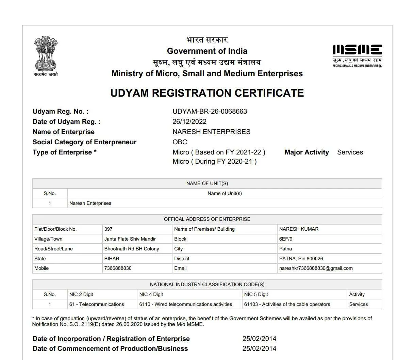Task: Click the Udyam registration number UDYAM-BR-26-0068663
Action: click(x=210, y=111)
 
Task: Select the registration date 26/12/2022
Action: click(x=189, y=121)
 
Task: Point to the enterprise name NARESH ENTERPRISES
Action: click(x=211, y=132)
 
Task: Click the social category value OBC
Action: click(x=180, y=142)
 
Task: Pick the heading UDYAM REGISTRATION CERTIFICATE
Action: click(x=207, y=93)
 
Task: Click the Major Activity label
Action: click(x=306, y=152)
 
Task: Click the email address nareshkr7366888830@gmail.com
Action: click(x=316, y=268)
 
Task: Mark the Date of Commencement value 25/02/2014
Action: click(x=259, y=348)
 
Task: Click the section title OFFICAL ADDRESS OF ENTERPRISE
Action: click(x=207, y=219)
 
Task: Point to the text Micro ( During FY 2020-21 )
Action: click(x=215, y=161)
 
